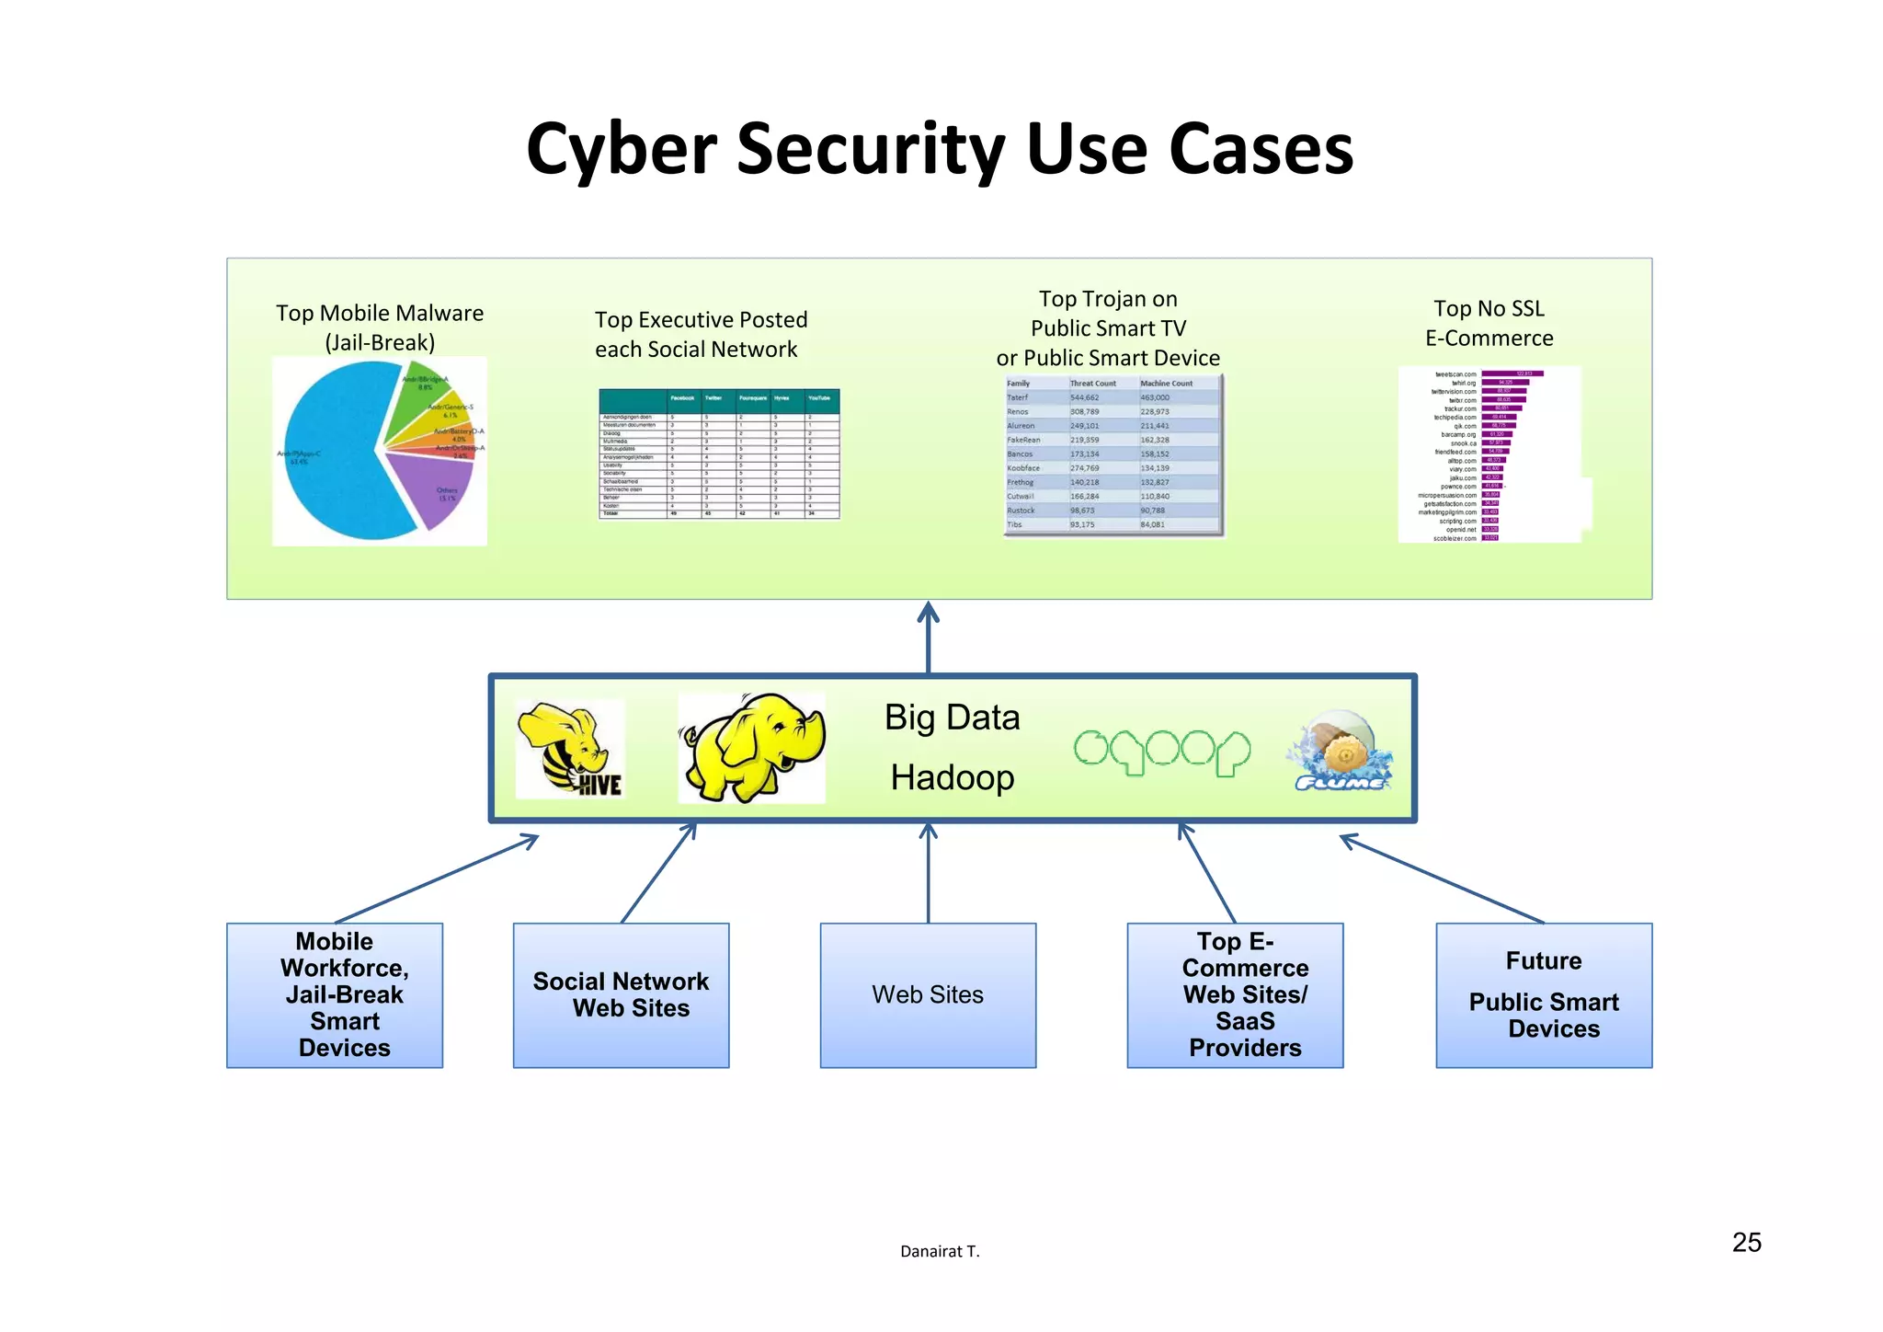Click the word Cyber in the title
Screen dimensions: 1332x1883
tap(621, 149)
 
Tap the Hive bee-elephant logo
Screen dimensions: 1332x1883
tap(570, 748)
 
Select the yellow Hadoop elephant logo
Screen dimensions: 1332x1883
tap(751, 748)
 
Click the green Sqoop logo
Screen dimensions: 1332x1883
tap(1162, 752)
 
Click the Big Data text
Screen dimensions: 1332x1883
tap(952, 718)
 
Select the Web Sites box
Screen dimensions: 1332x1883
tap(928, 994)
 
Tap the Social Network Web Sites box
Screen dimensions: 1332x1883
tap(621, 994)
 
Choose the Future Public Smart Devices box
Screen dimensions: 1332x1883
tap(1544, 994)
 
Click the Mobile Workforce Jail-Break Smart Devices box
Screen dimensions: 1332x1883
tap(335, 994)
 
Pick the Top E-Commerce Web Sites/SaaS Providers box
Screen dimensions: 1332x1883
tap(1235, 994)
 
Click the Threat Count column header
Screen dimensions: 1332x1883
tap(1092, 384)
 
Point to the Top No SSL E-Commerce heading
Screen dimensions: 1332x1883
tap(1489, 323)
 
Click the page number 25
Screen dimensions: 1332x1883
tap(1746, 1243)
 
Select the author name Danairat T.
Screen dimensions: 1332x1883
tap(940, 1251)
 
